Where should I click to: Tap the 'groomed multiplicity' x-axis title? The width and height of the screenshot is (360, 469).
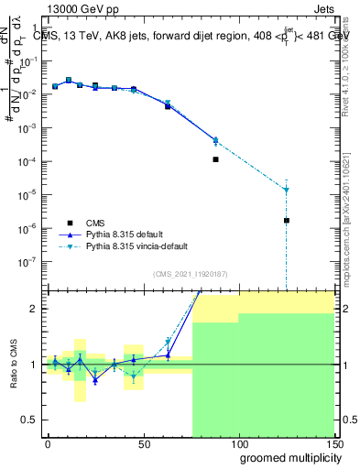[x=287, y=458]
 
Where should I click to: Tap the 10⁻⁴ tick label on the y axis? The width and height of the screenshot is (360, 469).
[x=27, y=161]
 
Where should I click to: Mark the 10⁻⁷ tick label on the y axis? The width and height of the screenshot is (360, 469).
[x=27, y=261]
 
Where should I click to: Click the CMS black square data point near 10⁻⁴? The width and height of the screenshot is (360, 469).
[x=215, y=159]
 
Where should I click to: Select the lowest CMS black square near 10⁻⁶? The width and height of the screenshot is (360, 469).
[x=287, y=221]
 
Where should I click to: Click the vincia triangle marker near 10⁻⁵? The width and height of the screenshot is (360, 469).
[x=287, y=190]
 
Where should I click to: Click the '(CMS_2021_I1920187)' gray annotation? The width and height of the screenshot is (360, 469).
[x=191, y=274]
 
